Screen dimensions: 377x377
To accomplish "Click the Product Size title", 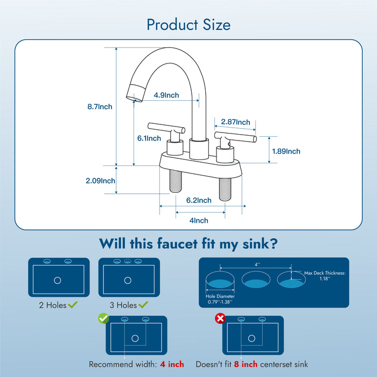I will pos(188,25).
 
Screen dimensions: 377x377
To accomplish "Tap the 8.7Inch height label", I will pos(100,107).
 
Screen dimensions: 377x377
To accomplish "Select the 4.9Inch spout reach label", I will pos(166,95).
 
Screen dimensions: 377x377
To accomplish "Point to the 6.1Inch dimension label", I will pos(149,138).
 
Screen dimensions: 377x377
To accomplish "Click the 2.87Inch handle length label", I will pos(236,122).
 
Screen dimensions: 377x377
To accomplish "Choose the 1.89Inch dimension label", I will pos(286,151).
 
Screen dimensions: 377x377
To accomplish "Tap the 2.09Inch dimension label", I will pos(100,181).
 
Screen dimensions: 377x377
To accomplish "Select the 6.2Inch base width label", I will pos(199,200).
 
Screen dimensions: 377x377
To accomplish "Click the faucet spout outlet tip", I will pos(133,95).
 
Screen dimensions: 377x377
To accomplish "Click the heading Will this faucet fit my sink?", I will pos(188,244).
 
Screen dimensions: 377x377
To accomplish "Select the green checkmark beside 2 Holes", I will pos(73,305).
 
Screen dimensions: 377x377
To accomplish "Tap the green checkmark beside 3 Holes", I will pos(143,305).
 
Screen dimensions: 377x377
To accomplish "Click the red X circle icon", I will pos(219,319).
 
